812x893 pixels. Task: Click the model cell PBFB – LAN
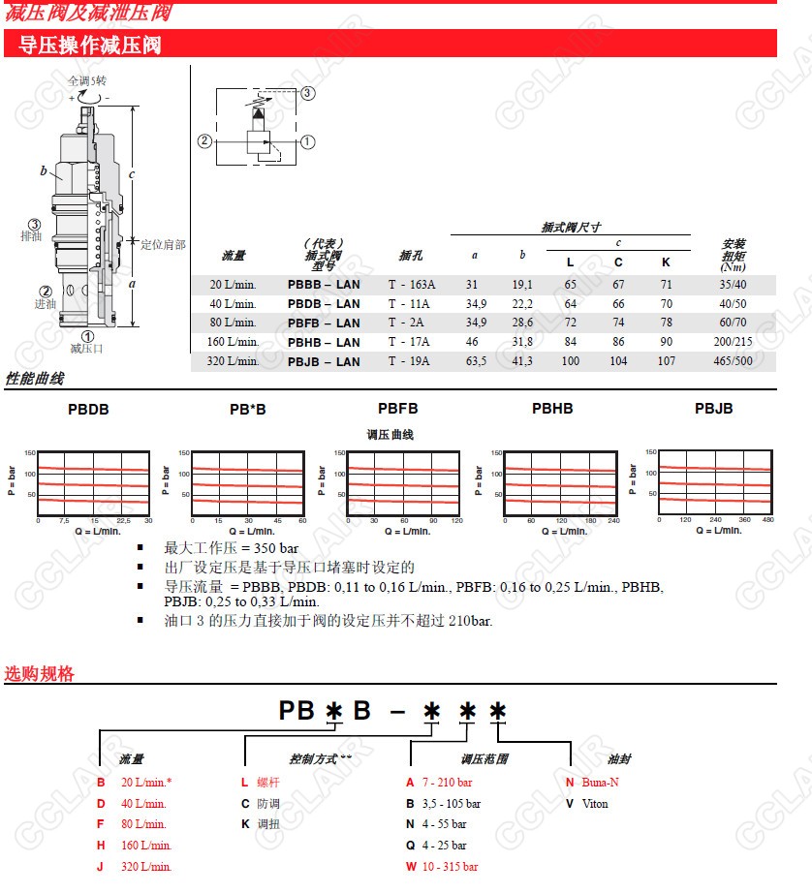pyautogui.click(x=324, y=323)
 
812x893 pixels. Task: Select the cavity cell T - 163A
pyautogui.click(x=412, y=285)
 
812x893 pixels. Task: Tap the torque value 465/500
pyautogui.click(x=729, y=362)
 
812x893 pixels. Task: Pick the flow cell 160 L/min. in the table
pyautogui.click(x=234, y=343)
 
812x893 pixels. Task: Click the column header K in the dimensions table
pyautogui.click(x=666, y=262)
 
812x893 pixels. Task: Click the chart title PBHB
pyautogui.click(x=552, y=409)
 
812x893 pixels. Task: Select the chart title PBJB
pyautogui.click(x=713, y=409)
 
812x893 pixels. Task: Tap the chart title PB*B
pyautogui.click(x=247, y=410)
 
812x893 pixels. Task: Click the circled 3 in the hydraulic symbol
pyautogui.click(x=307, y=94)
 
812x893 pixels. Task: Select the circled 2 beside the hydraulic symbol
pyautogui.click(x=204, y=141)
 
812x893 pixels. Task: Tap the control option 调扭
pyautogui.click(x=268, y=824)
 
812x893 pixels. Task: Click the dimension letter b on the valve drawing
pyautogui.click(x=44, y=171)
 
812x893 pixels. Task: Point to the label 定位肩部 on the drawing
pyautogui.click(x=163, y=245)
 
